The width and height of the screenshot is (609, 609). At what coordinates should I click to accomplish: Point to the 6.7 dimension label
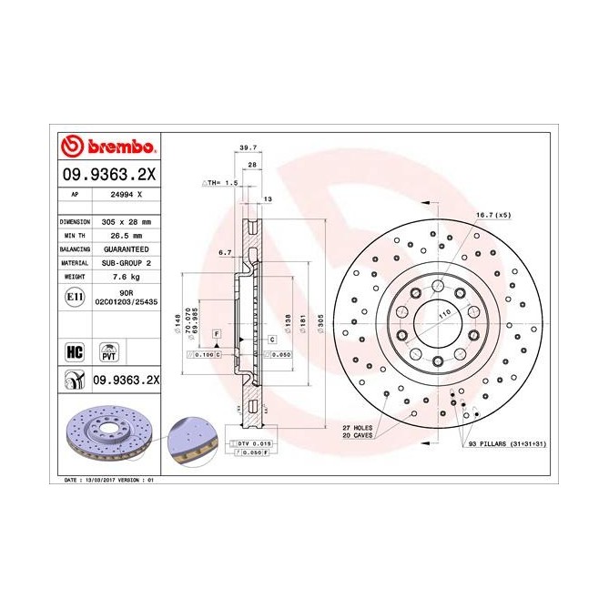click(226, 253)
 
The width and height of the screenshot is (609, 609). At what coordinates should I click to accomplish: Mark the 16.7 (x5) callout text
click(493, 215)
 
